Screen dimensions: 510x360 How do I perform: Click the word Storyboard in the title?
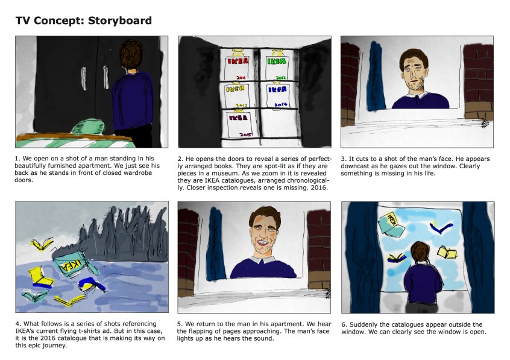(x=120, y=21)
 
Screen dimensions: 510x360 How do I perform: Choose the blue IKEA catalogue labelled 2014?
(x=278, y=96)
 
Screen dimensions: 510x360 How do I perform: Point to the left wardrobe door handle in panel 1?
(x=84, y=78)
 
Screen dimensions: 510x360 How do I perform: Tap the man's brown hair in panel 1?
(x=131, y=54)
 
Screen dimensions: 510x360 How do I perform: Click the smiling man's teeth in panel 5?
(x=262, y=242)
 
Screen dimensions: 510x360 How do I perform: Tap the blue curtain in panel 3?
(x=376, y=77)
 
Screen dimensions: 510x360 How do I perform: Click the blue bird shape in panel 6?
(x=441, y=227)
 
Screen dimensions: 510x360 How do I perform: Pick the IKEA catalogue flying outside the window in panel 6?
(x=391, y=224)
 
